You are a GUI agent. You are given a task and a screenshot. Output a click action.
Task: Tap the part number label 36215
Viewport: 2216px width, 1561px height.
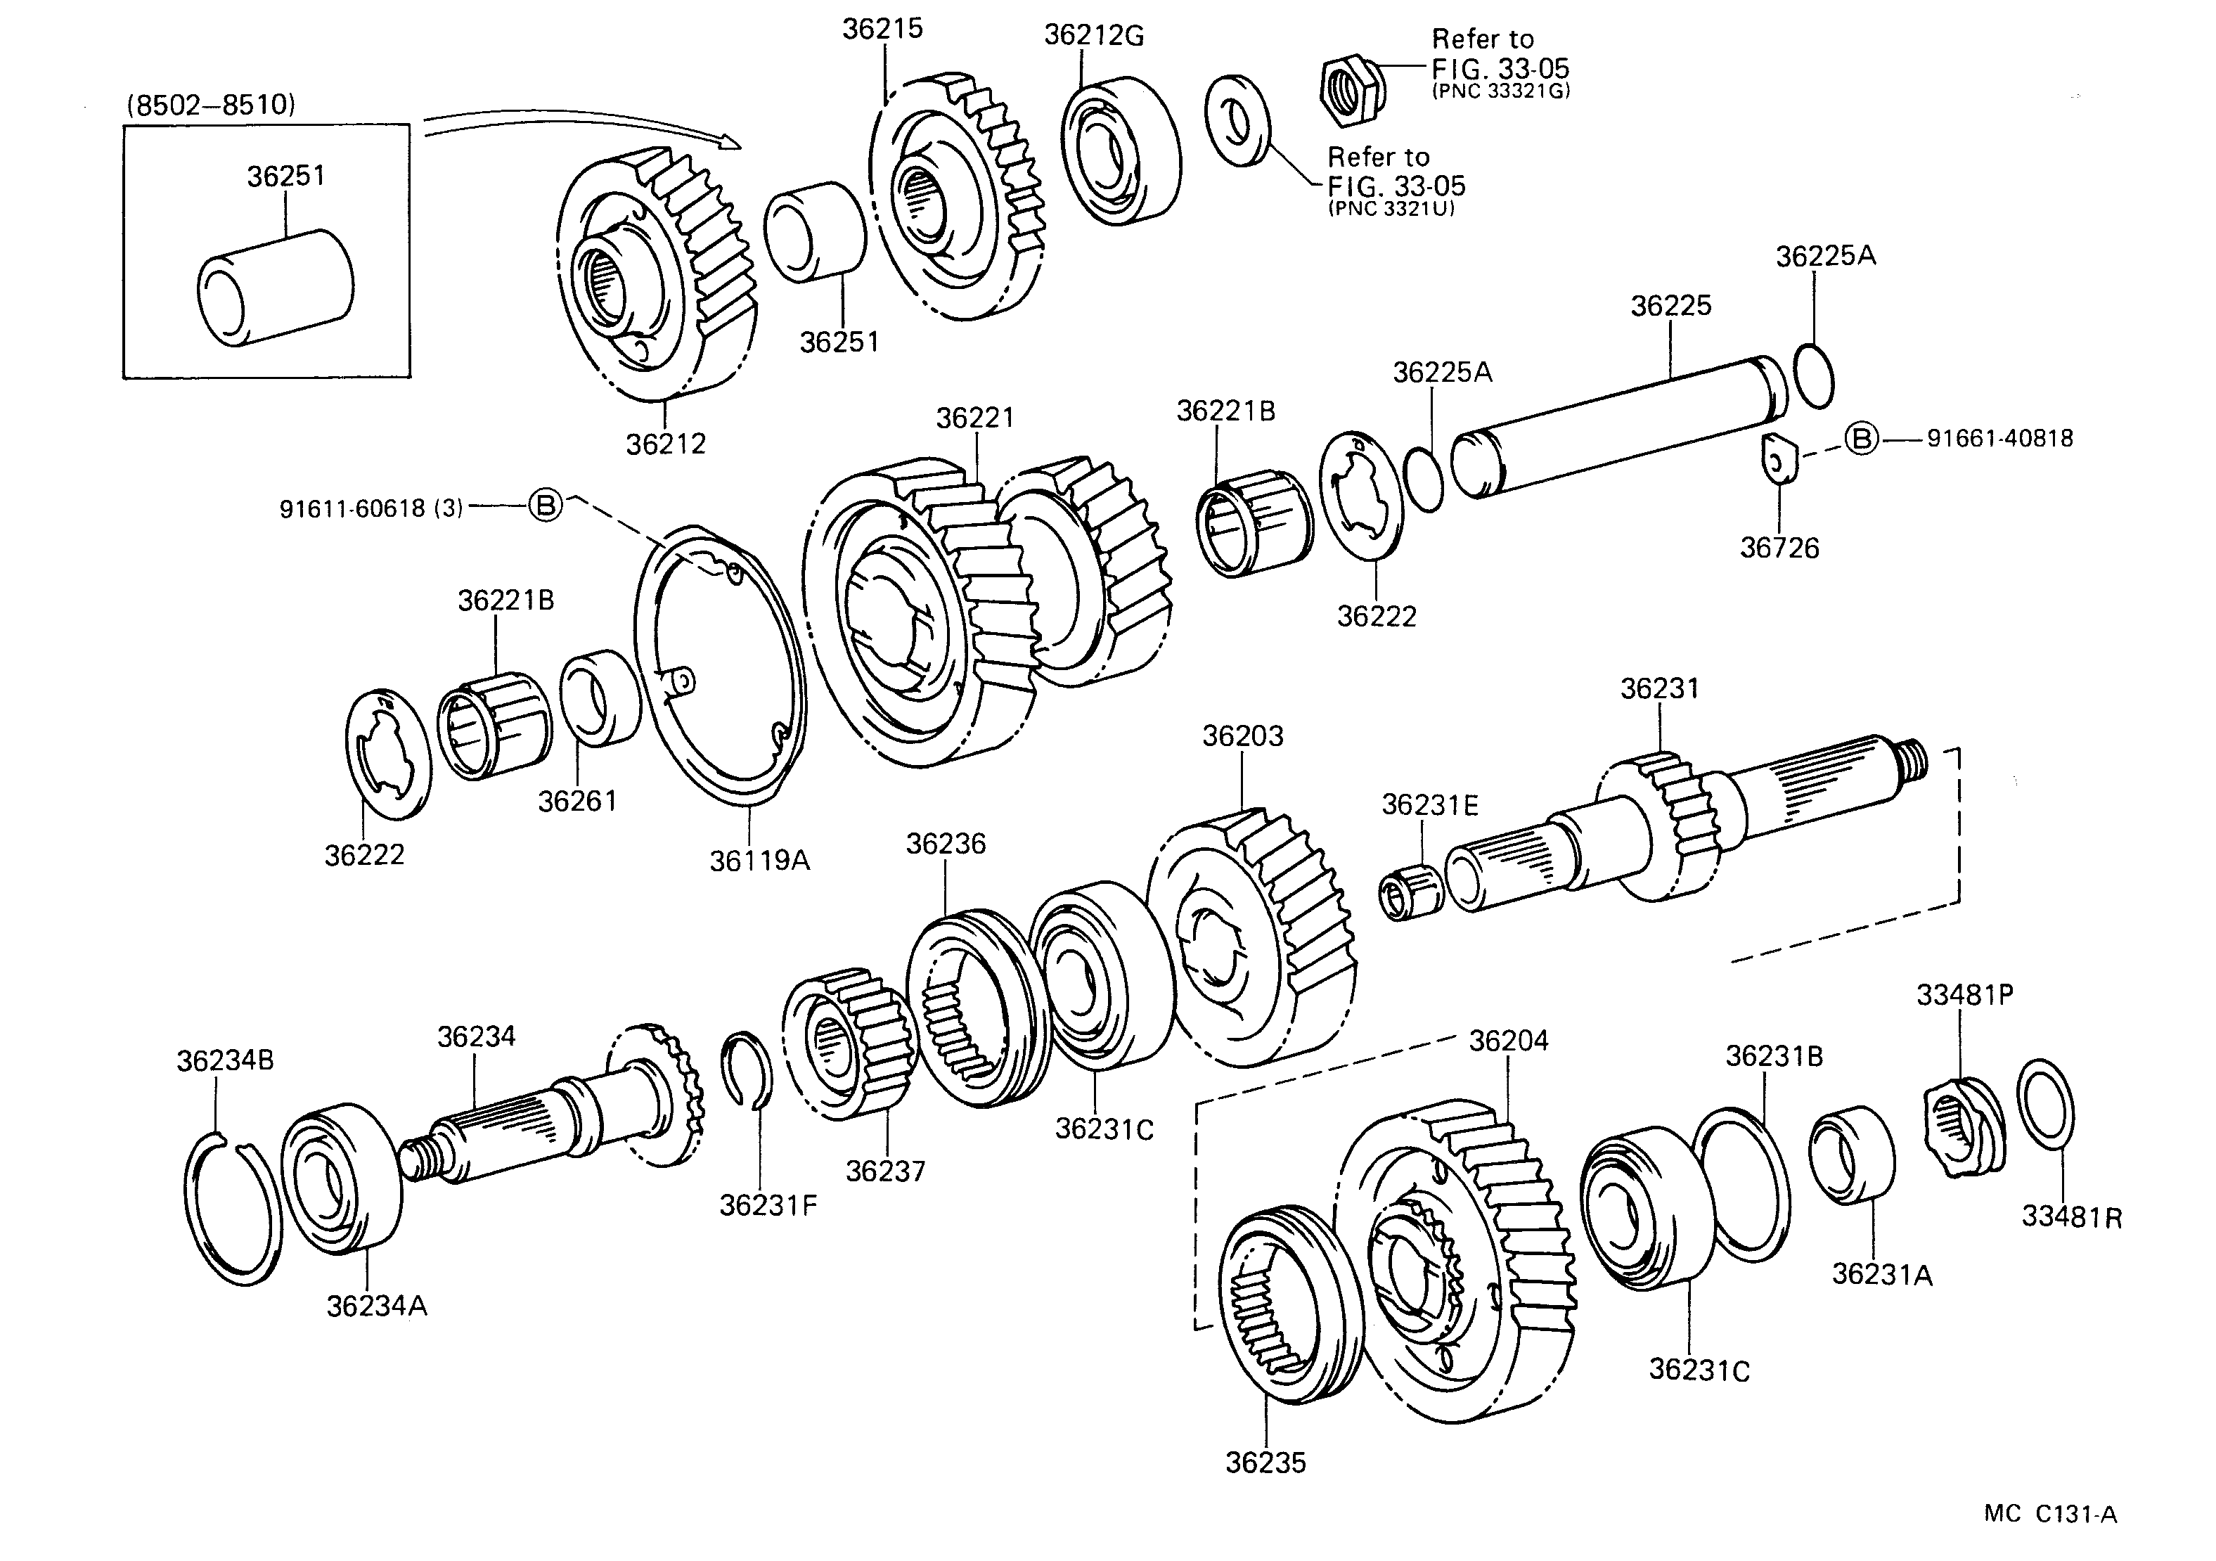coord(882,29)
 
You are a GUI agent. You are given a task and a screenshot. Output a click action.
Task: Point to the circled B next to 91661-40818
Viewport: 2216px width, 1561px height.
coord(1862,439)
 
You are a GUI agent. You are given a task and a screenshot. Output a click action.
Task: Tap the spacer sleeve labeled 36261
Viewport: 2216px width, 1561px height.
coord(600,697)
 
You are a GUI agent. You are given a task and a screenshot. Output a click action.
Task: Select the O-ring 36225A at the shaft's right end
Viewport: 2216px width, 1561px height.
coord(1814,375)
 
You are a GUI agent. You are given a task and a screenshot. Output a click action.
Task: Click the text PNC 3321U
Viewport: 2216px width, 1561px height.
coord(1391,209)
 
